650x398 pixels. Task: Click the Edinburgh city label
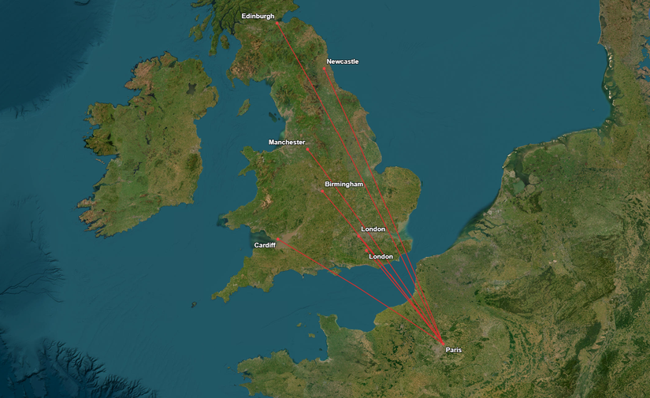(x=258, y=16)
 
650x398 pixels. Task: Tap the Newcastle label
(x=342, y=61)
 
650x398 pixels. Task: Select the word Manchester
(x=286, y=143)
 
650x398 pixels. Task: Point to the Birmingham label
(x=344, y=184)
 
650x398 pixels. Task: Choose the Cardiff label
(x=265, y=245)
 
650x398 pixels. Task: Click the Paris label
(x=453, y=349)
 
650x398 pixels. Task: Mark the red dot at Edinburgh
(x=277, y=23)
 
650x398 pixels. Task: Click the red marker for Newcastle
(x=324, y=69)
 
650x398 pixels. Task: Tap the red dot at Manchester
(x=307, y=148)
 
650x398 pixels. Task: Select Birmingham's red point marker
(x=321, y=191)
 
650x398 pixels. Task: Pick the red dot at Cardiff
(x=277, y=239)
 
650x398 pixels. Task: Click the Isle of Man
(x=243, y=106)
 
